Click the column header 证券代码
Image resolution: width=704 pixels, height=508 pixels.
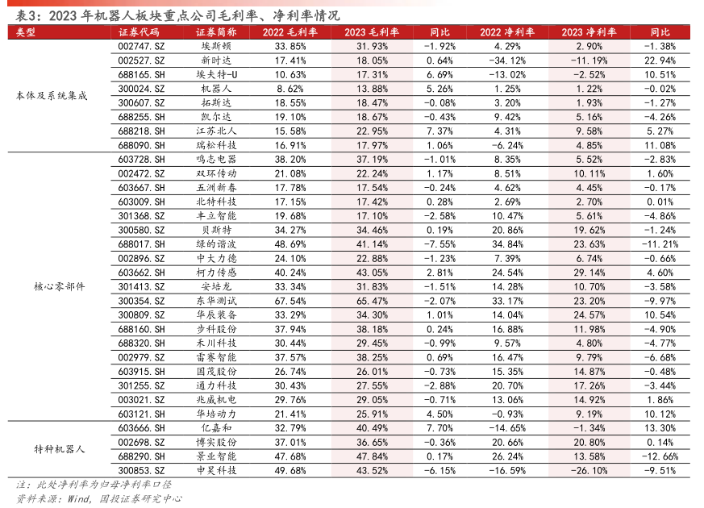pos(138,32)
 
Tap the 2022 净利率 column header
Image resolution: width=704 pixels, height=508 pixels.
pos(507,32)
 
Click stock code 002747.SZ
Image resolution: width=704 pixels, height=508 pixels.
pos(141,47)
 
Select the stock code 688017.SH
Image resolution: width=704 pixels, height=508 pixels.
pos(141,244)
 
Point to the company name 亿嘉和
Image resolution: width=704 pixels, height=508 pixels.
pos(217,428)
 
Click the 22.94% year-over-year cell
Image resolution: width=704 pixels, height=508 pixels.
pos(660,60)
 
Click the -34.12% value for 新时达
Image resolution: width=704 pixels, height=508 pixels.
pos(507,60)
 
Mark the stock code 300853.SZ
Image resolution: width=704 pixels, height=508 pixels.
pos(141,470)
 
